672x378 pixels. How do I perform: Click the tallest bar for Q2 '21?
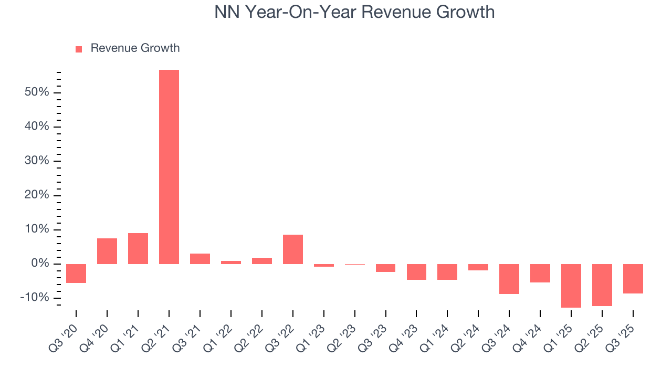(x=169, y=166)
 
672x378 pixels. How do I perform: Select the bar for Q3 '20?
(x=76, y=274)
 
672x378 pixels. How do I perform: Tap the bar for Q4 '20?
(x=107, y=251)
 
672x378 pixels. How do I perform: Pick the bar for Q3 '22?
(x=293, y=249)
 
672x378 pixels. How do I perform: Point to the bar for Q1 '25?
(x=571, y=286)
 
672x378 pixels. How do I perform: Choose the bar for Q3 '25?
(x=633, y=279)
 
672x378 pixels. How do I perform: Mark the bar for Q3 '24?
(x=509, y=279)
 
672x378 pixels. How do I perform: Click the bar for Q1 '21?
(x=138, y=248)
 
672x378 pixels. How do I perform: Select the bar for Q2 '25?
(x=602, y=285)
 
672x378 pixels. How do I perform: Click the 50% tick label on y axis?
(x=36, y=92)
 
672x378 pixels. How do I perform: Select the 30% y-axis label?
(x=36, y=161)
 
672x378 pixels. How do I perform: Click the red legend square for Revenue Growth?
(x=79, y=49)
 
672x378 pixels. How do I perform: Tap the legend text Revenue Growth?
(x=135, y=48)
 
